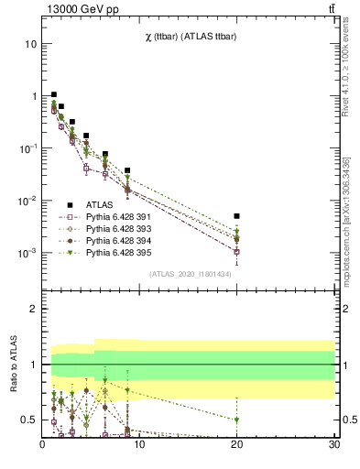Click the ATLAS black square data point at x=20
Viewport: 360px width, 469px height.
coord(237,216)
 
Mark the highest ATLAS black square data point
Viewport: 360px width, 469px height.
coord(54,94)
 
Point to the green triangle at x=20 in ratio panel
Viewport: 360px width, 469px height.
coord(237,420)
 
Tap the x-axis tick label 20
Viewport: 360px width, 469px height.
coord(237,446)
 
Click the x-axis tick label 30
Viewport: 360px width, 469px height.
coord(334,446)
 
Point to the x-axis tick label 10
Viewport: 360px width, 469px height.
coord(139,446)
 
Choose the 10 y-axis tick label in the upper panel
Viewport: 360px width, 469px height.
coord(31,44)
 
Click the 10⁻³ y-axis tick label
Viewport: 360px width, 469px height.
coord(27,253)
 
